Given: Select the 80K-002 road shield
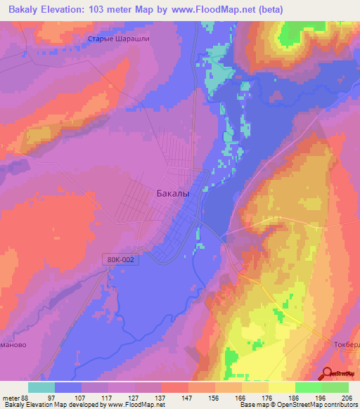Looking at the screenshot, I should (121, 259).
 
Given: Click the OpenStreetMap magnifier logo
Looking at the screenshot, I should (328, 372).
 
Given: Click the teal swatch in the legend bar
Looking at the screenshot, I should (41, 387).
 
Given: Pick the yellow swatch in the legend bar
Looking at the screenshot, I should (281, 387).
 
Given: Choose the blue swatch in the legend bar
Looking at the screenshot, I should (68, 387).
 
